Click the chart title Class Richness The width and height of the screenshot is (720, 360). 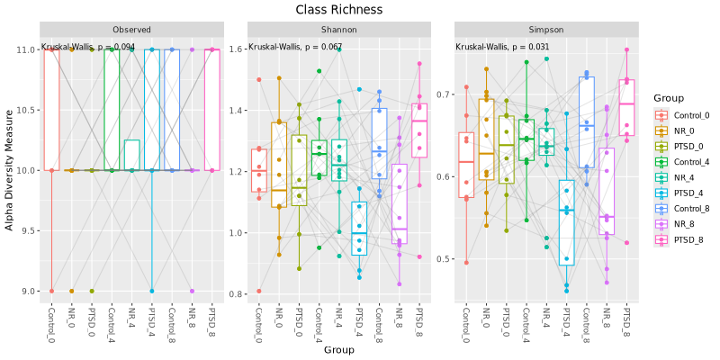[338, 10]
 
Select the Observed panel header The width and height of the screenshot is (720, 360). [131, 29]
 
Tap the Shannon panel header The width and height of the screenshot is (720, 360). [338, 29]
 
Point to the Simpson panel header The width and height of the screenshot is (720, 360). [545, 29]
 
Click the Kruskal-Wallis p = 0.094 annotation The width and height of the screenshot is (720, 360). [88, 47]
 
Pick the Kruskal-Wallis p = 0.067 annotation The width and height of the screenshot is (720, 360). [295, 47]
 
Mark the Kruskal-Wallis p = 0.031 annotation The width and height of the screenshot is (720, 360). [502, 47]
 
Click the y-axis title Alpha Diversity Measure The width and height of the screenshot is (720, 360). [10, 170]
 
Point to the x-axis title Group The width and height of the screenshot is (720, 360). [338, 349]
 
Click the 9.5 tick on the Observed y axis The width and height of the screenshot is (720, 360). [31, 231]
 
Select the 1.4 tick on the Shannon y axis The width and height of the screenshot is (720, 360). [237, 111]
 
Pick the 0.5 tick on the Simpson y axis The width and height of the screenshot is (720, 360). [445, 260]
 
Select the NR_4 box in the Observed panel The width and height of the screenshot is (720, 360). [131, 155]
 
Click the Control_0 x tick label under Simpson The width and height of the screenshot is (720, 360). [465, 325]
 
